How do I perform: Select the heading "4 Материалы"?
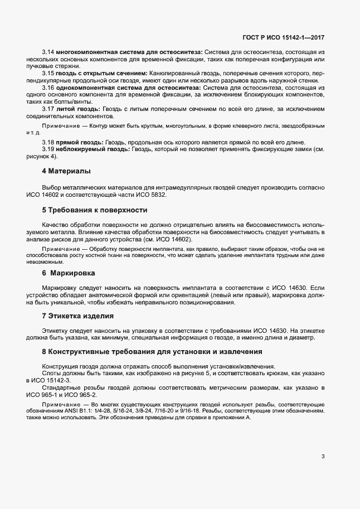coord(66,171)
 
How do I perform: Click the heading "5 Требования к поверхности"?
coord(94,210)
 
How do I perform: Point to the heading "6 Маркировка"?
coord(69,273)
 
